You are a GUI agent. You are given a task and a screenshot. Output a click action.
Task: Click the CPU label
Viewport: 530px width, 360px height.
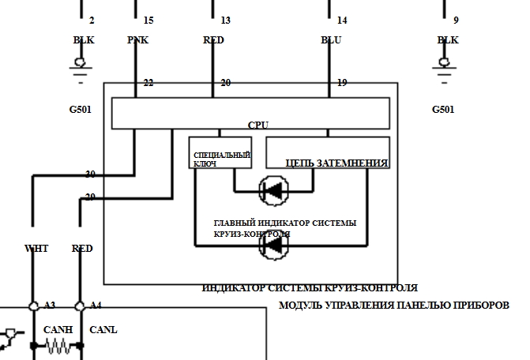(x=258, y=125)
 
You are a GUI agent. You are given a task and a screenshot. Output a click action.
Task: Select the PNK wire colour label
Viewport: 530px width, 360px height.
(x=137, y=40)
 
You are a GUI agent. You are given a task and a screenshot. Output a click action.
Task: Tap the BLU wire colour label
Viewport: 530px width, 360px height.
(x=331, y=40)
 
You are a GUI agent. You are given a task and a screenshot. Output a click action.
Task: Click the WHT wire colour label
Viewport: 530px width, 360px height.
(x=36, y=248)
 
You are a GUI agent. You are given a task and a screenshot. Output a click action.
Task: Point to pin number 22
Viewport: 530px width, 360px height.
(x=147, y=83)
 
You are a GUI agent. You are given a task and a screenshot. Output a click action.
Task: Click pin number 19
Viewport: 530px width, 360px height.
(x=341, y=83)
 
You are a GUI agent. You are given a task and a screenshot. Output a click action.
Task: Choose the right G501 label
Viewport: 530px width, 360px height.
(x=443, y=110)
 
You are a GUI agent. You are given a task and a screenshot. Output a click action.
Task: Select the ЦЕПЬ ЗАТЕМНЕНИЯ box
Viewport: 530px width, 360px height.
(x=328, y=152)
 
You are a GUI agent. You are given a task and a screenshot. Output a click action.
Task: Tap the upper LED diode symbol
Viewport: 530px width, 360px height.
(x=273, y=189)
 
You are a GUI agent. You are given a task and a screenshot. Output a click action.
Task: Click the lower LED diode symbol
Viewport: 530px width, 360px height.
(x=273, y=245)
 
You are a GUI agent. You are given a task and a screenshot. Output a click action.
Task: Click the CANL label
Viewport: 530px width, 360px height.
(x=103, y=330)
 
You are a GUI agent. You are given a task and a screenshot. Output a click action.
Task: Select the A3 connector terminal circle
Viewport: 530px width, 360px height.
(x=33, y=306)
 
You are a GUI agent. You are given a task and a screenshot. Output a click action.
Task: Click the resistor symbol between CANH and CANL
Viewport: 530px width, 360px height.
(x=57, y=346)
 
